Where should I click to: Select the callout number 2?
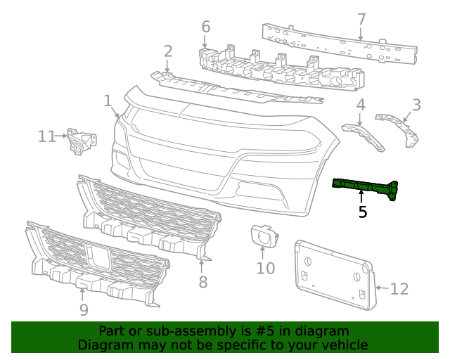pos(168,51)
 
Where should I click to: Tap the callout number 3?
pos(416,105)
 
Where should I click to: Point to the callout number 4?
pos(360,105)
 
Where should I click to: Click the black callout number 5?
pos(362,211)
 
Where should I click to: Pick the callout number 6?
pos(205,27)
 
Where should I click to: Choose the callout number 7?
pos(361,19)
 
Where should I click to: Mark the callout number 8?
pos(202,282)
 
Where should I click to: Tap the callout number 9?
pos(83,309)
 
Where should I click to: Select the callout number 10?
pos(265,268)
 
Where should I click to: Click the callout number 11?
pos(46,136)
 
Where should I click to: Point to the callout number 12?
pos(399,288)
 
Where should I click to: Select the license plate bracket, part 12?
pos(333,274)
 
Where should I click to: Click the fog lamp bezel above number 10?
pos(264,237)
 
